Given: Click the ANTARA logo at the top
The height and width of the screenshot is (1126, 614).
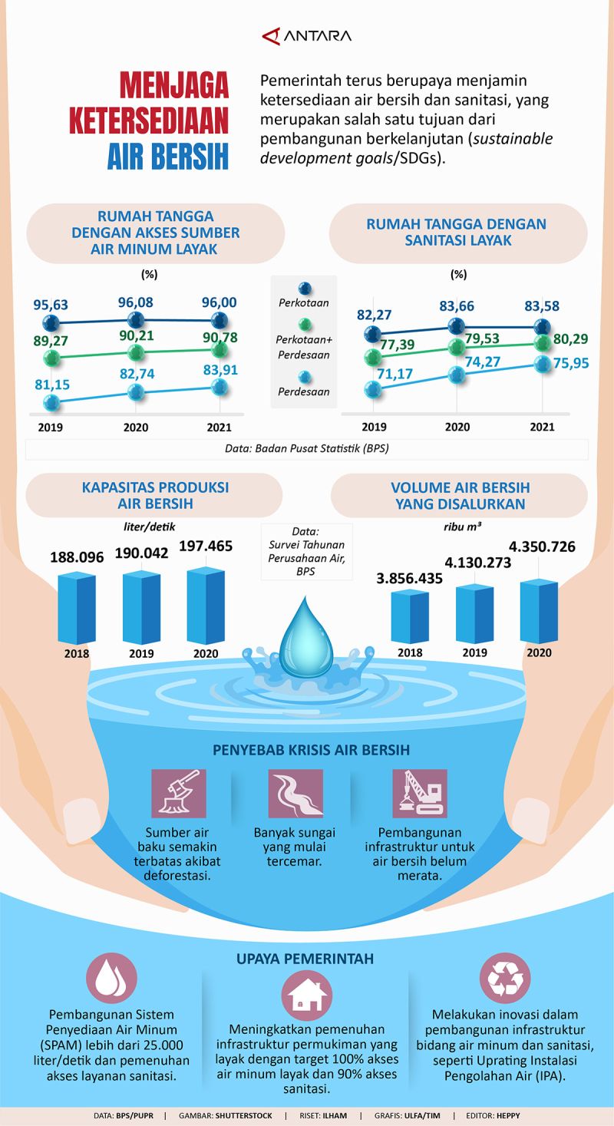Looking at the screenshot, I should pos(306,36).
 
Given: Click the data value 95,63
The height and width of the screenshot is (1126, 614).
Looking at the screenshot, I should pos(50,304).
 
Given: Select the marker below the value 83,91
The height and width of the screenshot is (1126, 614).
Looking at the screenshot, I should pos(220,387).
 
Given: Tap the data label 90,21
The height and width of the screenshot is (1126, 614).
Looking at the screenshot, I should pos(135,335).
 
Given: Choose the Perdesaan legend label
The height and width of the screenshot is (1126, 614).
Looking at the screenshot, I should pos(304,391).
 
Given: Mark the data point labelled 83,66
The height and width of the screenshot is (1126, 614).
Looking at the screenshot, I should pos(457,326).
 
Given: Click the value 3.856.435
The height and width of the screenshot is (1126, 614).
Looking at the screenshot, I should pos(409,578).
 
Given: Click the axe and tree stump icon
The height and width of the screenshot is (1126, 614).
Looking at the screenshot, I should pos(179,793).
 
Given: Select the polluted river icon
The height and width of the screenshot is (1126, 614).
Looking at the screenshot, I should pos(295,793).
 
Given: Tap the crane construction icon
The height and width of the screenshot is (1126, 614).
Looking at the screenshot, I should pos(419,793).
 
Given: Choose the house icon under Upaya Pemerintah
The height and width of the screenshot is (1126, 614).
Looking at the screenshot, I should pos(306,996).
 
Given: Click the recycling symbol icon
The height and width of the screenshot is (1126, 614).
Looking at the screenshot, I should pos(504,978).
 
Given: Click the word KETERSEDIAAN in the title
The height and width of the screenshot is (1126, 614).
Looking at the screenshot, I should pos(150,121).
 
